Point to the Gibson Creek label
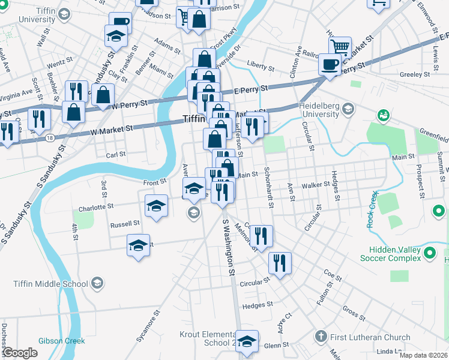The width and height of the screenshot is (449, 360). pyautogui.click(x=62, y=341)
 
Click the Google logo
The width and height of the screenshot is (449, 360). pyautogui.click(x=19, y=353)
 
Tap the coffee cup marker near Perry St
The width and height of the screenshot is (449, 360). pyautogui.click(x=329, y=64)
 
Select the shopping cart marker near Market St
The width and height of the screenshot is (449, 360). pyautogui.click(x=340, y=47)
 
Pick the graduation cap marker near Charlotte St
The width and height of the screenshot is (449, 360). pyautogui.click(x=156, y=206)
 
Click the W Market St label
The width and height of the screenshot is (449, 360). pyautogui.click(x=112, y=129)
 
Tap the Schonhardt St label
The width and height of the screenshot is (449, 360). pyautogui.click(x=270, y=187)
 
